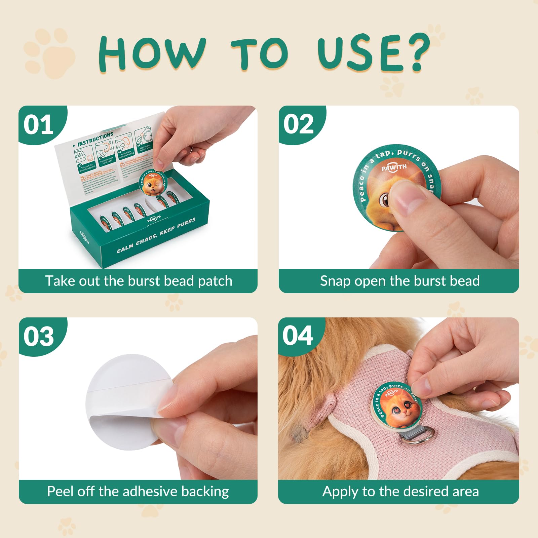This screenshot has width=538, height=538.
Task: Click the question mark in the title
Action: tap(417, 52)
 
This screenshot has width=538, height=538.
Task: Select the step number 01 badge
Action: tap(38, 125)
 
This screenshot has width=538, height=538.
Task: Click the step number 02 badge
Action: tap(298, 124)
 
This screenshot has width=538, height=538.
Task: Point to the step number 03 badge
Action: tap(38, 336)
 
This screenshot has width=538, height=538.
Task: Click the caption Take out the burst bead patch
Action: tap(139, 281)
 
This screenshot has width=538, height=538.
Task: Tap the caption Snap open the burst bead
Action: tap(399, 281)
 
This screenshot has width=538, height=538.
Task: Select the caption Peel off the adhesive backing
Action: tap(138, 491)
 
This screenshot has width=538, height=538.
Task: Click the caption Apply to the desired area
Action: tap(400, 491)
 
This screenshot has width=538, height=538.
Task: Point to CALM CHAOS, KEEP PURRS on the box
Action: tap(156, 236)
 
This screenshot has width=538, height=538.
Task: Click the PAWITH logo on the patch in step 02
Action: tap(394, 167)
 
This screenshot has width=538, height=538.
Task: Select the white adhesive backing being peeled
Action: tap(124, 397)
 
